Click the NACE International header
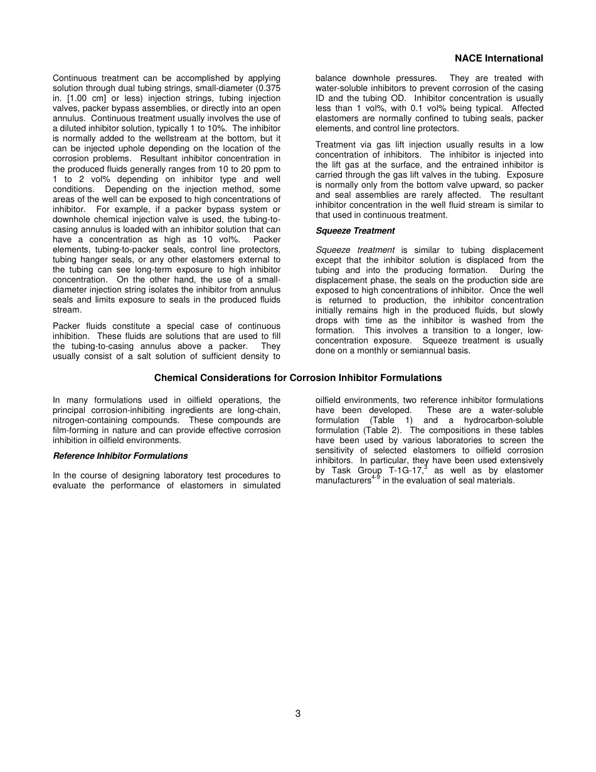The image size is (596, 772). click(x=499, y=58)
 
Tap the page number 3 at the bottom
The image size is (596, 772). click(x=298, y=714)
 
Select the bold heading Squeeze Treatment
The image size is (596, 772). click(x=355, y=231)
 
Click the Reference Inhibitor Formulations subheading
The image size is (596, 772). click(x=120, y=456)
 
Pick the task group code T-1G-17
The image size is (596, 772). click(x=403, y=471)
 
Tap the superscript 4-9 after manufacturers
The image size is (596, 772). click(x=376, y=478)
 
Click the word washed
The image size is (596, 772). click(x=484, y=320)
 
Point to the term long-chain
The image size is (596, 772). click(x=261, y=410)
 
